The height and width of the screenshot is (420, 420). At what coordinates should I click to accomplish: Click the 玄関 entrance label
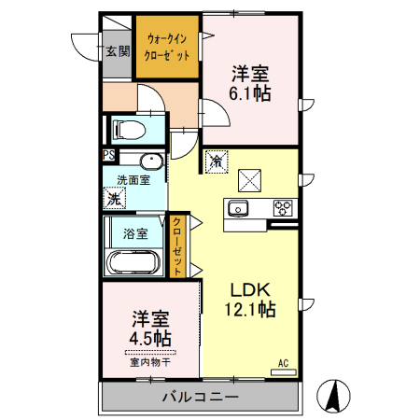tap(116, 51)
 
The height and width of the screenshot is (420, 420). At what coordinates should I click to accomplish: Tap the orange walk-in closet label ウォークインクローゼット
tap(167, 47)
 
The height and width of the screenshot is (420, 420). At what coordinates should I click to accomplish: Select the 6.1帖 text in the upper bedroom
tap(251, 93)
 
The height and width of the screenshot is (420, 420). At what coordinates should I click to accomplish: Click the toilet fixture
tap(127, 128)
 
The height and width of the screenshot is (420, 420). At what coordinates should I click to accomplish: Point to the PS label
tap(108, 157)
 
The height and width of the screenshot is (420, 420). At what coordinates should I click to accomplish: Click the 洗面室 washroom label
tap(133, 178)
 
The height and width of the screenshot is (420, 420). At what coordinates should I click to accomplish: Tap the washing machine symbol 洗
tap(114, 198)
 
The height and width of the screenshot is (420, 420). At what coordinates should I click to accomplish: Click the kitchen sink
tap(237, 207)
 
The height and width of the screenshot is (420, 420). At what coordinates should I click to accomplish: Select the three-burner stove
tap(282, 207)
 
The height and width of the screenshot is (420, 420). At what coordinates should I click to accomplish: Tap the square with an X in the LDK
tap(250, 177)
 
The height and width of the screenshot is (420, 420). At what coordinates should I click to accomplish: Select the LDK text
tap(250, 289)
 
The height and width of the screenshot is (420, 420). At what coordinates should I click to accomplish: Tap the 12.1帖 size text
tap(251, 310)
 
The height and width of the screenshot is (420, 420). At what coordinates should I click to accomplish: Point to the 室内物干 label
tap(149, 362)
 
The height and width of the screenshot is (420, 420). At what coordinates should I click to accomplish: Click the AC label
tap(282, 361)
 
